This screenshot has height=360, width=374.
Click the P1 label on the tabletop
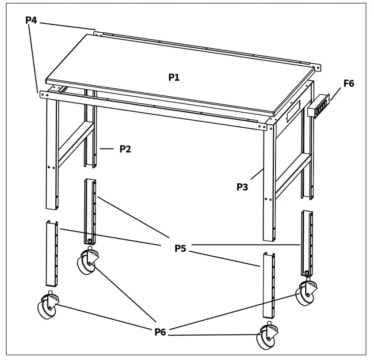point(174,77)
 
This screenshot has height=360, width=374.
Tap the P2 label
point(126,149)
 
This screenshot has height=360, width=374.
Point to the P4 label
point(31,20)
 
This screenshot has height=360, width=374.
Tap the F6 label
point(348,83)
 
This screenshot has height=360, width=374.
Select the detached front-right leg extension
point(269,285)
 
